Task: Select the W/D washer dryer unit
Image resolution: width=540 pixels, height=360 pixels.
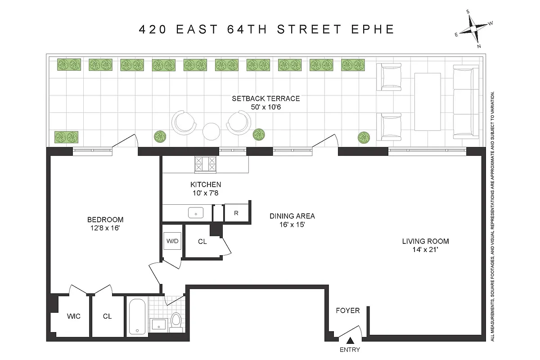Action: click(x=173, y=241)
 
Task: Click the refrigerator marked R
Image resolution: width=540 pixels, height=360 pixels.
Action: click(x=236, y=213)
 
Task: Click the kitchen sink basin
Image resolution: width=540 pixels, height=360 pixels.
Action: click(x=196, y=212)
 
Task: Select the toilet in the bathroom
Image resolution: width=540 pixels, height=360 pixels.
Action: click(x=176, y=321)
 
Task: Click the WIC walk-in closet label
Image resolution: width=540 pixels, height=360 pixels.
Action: click(x=73, y=316)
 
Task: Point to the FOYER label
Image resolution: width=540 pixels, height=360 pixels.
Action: click(x=348, y=310)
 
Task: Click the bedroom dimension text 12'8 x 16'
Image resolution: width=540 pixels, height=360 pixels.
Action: click(x=105, y=228)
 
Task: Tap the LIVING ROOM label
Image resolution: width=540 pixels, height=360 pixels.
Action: click(x=425, y=241)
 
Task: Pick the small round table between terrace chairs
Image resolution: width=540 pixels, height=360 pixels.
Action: click(x=211, y=131)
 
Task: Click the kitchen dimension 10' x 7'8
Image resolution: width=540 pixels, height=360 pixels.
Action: click(x=205, y=193)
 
